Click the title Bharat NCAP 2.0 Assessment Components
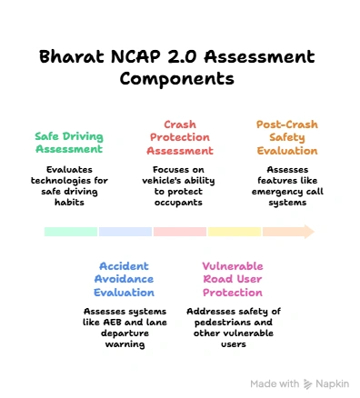pyautogui.click(x=177, y=67)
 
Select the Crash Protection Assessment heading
pyautogui.click(x=180, y=137)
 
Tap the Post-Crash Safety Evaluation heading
pyautogui.click(x=287, y=137)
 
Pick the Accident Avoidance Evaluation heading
pyautogui.click(x=126, y=279)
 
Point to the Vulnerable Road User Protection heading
pyautogui.click(x=233, y=279)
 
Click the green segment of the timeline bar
pyautogui.click(x=71, y=232)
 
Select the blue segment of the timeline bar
pyautogui.click(x=125, y=232)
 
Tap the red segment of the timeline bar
pyautogui.click(x=180, y=232)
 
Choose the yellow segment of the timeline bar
pyautogui.click(x=235, y=232)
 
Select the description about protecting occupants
pyautogui.click(x=180, y=185)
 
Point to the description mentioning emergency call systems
pyautogui.click(x=287, y=185)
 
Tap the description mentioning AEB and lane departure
pyautogui.click(x=126, y=327)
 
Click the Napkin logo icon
pyautogui.click(x=309, y=383)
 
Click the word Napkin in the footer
pyautogui.click(x=333, y=383)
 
